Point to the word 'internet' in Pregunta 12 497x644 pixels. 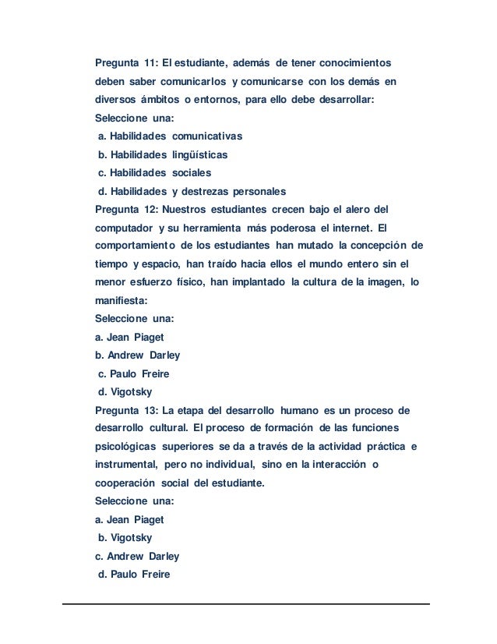tap(347, 228)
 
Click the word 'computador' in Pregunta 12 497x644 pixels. tap(122, 228)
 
